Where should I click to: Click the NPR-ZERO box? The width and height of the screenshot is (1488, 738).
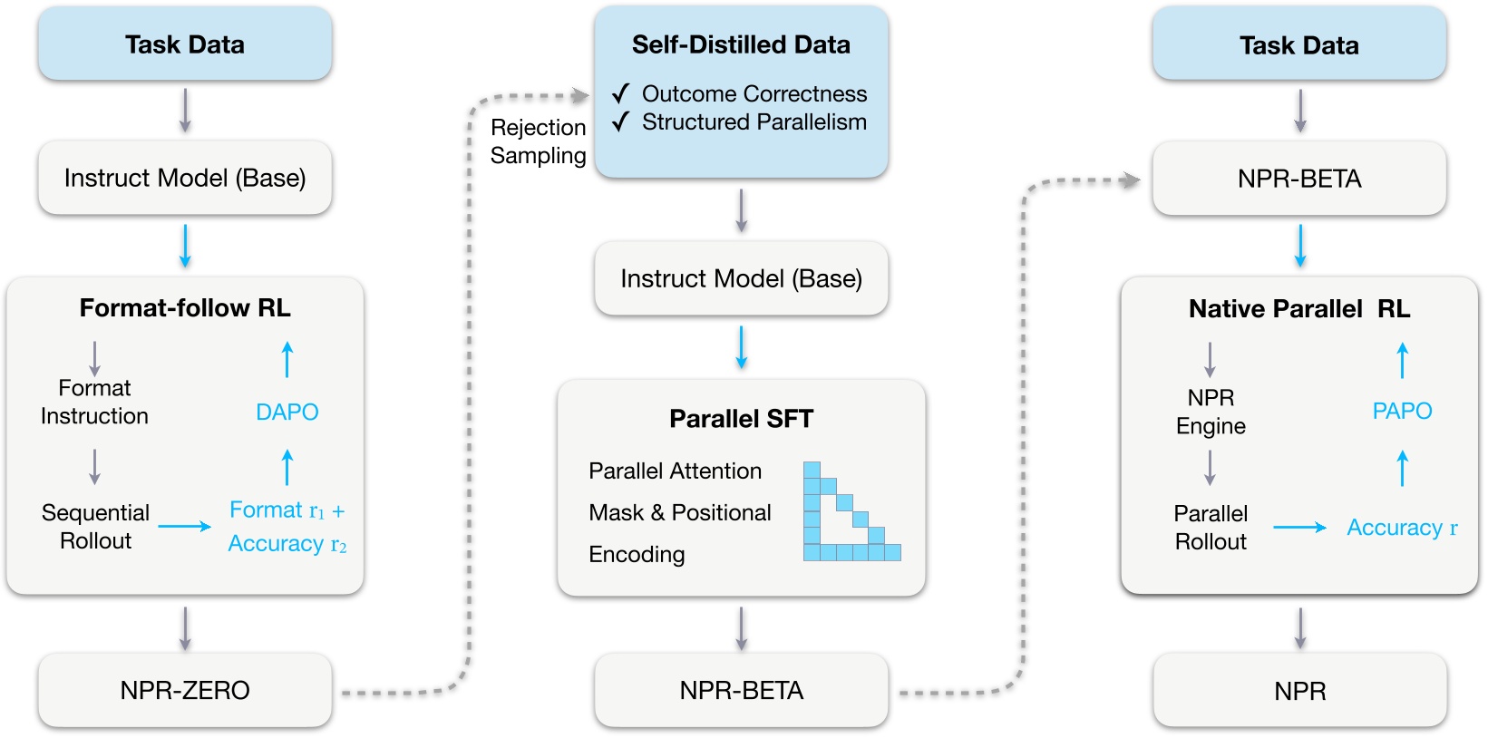tap(185, 690)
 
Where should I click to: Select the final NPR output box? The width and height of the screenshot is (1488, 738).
tap(1299, 691)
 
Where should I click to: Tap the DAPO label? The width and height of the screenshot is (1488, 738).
tap(287, 413)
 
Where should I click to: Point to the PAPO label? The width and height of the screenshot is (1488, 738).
tap(1402, 411)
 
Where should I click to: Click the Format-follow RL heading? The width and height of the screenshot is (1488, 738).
tap(185, 308)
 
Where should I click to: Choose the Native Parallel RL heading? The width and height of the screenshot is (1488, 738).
tap(1298, 309)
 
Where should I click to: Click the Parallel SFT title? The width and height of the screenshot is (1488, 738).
tap(741, 419)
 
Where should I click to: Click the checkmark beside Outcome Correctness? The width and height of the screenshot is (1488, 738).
tap(620, 93)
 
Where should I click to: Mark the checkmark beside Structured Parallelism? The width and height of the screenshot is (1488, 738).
tap(620, 121)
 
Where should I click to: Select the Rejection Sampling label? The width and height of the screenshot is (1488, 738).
tap(538, 141)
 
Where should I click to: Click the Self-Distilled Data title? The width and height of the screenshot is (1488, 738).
tap(741, 45)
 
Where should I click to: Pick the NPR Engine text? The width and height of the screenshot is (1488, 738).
tap(1211, 412)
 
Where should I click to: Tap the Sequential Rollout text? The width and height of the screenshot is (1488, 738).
tap(95, 527)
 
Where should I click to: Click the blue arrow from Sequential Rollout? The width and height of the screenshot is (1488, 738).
tap(185, 526)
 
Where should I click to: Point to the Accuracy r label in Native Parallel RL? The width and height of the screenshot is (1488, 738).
tap(1401, 528)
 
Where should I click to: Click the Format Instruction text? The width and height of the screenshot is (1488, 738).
tap(94, 402)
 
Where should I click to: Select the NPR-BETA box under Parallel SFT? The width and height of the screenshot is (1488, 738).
tap(741, 690)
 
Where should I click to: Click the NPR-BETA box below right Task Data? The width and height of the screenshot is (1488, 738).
tap(1298, 179)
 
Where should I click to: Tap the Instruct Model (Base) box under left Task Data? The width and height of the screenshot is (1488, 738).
tap(185, 178)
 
